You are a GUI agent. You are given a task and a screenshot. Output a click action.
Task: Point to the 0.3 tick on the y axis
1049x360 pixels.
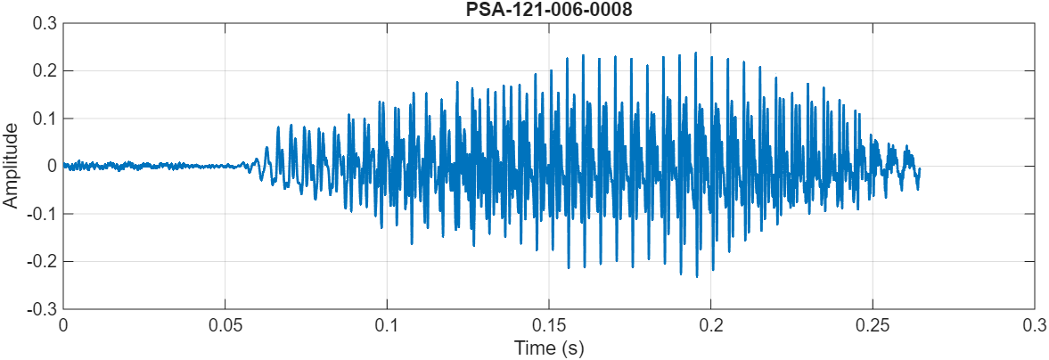(43, 22)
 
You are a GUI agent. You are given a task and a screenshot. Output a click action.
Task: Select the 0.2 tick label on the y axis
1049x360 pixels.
(43, 70)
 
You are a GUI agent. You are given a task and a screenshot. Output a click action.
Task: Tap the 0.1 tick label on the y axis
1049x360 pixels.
(43, 119)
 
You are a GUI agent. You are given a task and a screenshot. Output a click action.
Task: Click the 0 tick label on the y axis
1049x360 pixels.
(52, 166)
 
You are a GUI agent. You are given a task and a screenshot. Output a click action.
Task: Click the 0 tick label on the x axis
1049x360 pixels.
(63, 325)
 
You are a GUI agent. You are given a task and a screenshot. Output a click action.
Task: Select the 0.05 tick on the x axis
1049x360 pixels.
(225, 325)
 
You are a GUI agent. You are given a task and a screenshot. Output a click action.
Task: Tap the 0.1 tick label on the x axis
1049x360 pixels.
(387, 325)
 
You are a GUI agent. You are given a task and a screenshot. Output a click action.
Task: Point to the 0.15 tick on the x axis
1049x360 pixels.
(549, 325)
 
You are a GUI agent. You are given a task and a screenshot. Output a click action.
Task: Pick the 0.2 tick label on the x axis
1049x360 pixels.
(710, 325)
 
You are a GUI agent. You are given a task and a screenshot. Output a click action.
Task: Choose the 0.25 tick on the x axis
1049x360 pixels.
(873, 325)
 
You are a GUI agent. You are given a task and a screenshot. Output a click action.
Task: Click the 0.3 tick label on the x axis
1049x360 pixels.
(1034, 325)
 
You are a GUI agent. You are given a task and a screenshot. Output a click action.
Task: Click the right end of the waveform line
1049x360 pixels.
(919, 169)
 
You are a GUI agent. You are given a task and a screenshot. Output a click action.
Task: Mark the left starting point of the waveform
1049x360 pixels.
(63, 165)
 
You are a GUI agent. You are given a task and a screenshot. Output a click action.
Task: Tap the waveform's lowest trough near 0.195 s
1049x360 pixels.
(697, 276)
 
